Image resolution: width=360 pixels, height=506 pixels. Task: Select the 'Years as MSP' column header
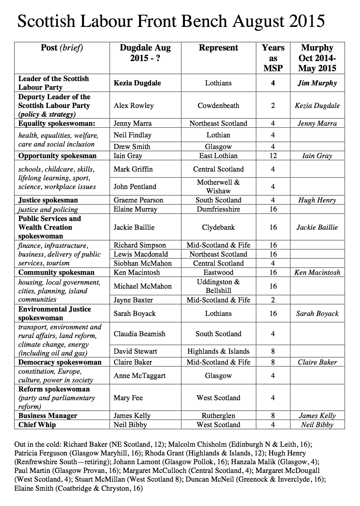tap(273, 58)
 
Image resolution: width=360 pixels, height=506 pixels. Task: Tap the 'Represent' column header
tap(218, 48)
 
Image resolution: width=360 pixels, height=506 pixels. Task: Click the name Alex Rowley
tap(133, 106)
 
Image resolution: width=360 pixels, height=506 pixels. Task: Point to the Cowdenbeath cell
tap(218, 106)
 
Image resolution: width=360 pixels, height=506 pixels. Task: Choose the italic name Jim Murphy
tap(317, 83)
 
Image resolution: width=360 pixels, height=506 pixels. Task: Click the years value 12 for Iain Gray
tap(273, 156)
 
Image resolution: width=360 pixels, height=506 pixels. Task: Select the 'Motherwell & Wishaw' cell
tap(218, 186)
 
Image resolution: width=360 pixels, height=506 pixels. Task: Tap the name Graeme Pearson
tap(138, 200)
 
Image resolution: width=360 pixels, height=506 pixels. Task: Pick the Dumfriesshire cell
tap(218, 209)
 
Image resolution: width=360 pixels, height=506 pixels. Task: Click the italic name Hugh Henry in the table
tap(317, 200)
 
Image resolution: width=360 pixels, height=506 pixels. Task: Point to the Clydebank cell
tap(218, 228)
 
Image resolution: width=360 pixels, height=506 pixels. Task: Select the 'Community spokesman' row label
tap(56, 273)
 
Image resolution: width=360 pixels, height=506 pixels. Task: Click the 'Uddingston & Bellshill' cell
tap(218, 286)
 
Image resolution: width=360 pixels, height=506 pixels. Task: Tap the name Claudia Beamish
tap(139, 334)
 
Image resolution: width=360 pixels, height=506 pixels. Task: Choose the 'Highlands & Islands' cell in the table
tap(218, 352)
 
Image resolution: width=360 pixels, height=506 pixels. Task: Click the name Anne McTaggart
tap(139, 376)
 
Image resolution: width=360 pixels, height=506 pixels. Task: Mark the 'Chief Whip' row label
tap(37, 425)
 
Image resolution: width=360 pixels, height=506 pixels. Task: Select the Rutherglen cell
tap(218, 416)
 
